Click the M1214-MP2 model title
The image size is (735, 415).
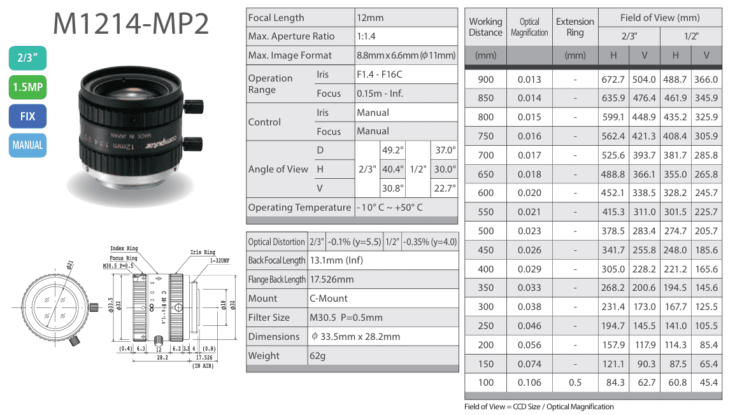[x=131, y=24]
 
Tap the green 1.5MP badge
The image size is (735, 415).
[x=27, y=87]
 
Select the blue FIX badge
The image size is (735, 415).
[x=27, y=116]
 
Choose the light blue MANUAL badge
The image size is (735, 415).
[x=27, y=145]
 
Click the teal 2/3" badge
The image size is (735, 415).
[x=27, y=58]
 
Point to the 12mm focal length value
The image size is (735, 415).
[x=370, y=18]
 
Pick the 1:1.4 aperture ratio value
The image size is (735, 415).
[x=366, y=36]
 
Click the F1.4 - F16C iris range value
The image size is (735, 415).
[x=379, y=74]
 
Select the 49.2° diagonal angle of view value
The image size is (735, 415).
[x=393, y=150]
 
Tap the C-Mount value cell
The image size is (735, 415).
[x=329, y=299]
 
